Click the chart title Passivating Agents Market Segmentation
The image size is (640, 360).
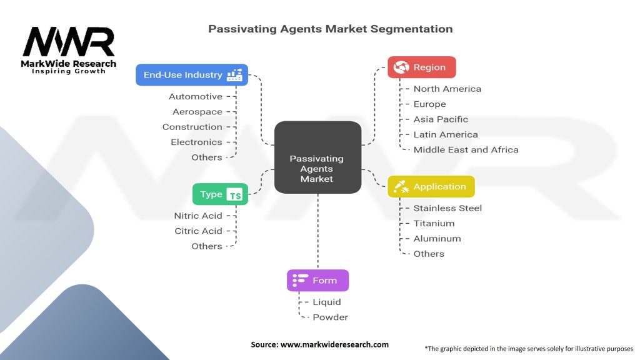330,29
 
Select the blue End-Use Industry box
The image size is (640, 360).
192,75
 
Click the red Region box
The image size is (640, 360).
422,67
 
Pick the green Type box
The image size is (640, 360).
219,194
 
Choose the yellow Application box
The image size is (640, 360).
431,186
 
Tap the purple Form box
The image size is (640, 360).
317,281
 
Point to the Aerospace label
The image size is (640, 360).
197,112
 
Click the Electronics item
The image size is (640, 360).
196,142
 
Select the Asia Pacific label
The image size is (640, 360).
441,119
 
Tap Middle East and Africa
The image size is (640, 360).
466,149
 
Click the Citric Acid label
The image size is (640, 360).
198,231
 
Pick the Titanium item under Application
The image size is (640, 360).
434,223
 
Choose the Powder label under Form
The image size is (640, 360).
330,317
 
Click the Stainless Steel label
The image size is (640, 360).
447,208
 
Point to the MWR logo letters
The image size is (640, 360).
69,42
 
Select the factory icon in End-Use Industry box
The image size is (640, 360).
235,75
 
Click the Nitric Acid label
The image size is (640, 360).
198,216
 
